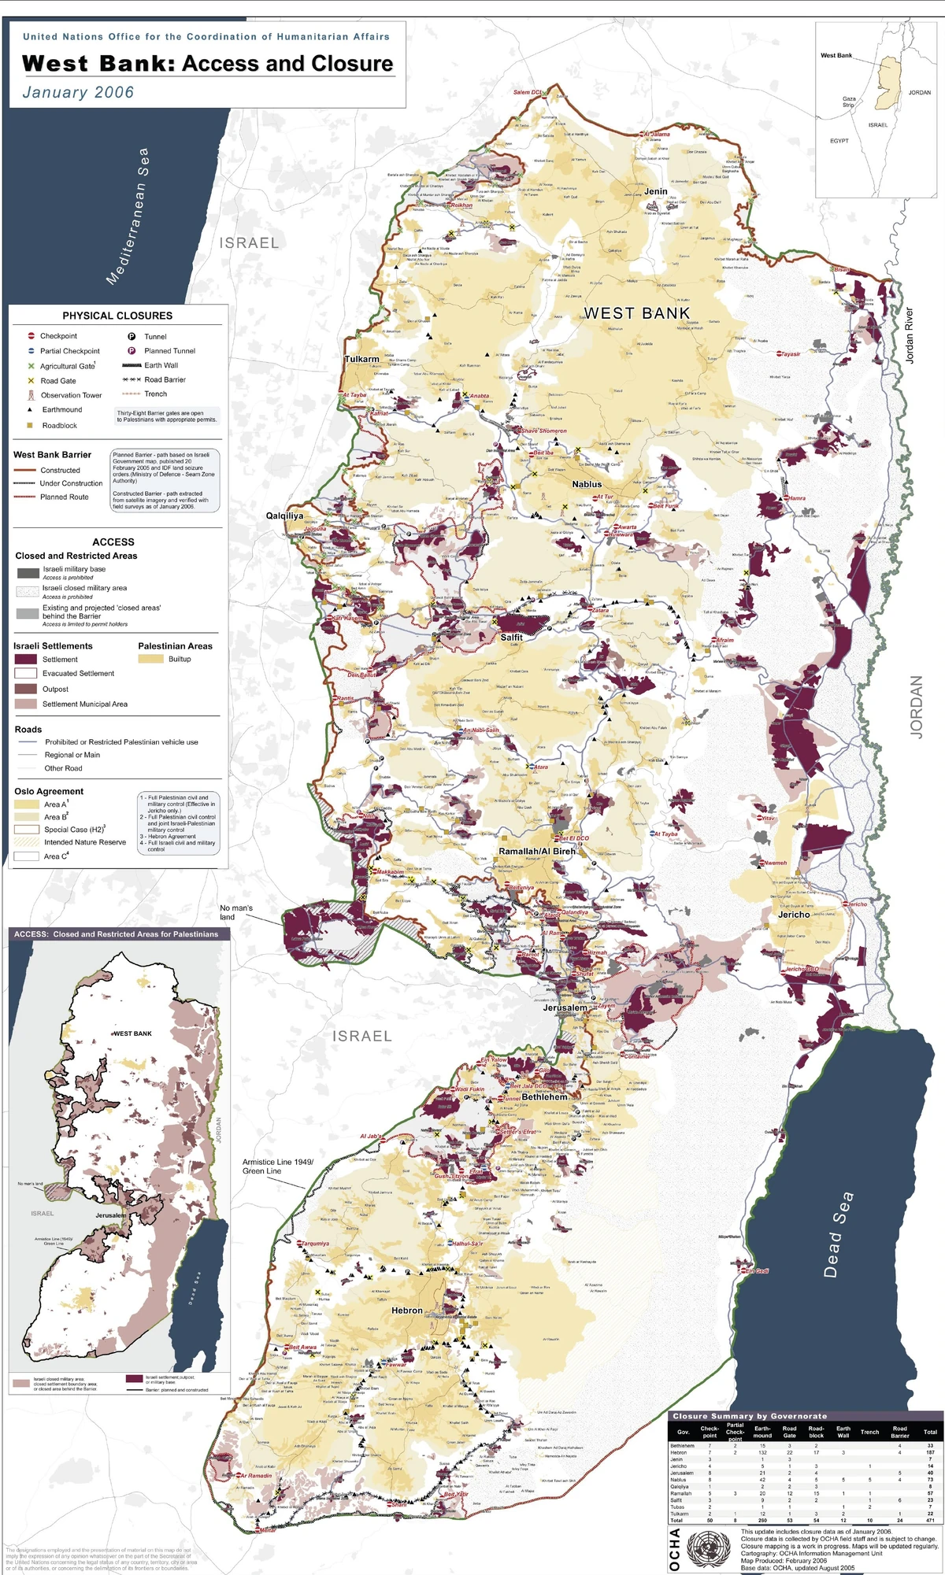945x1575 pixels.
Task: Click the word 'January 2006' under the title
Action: (78, 92)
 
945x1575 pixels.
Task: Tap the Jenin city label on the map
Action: (655, 191)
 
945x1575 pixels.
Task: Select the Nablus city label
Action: (587, 484)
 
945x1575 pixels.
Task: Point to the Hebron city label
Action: (407, 1311)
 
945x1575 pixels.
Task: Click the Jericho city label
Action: (794, 915)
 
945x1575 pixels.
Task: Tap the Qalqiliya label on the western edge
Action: (284, 516)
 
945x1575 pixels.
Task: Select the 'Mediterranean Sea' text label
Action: (128, 216)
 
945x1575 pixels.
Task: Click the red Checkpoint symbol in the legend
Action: (31, 336)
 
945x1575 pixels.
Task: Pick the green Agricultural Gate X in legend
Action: (31, 366)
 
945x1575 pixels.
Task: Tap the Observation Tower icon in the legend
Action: (31, 395)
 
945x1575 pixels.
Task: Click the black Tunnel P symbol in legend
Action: (132, 336)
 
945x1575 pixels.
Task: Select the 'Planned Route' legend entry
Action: (64, 497)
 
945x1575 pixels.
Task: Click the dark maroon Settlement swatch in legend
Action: (26, 660)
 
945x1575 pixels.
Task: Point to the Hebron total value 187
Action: (930, 1452)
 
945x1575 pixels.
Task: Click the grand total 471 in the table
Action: (930, 1521)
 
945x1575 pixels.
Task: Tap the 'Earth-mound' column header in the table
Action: (762, 1432)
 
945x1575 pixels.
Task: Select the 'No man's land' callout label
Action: (236, 912)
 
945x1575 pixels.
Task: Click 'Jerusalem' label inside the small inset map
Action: (110, 1215)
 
